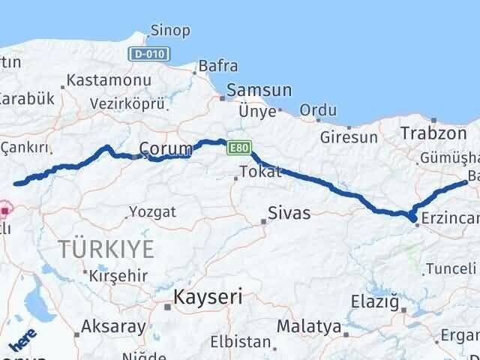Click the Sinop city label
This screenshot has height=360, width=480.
tap(170, 31)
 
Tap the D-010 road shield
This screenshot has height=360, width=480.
tap(150, 54)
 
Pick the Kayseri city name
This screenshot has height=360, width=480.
tap(208, 296)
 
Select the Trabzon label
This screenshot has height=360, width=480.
tap(423, 133)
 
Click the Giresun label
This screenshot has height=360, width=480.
tap(348, 137)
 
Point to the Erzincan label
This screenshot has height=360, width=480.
tap(449, 217)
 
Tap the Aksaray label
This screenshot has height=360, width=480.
tap(113, 326)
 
